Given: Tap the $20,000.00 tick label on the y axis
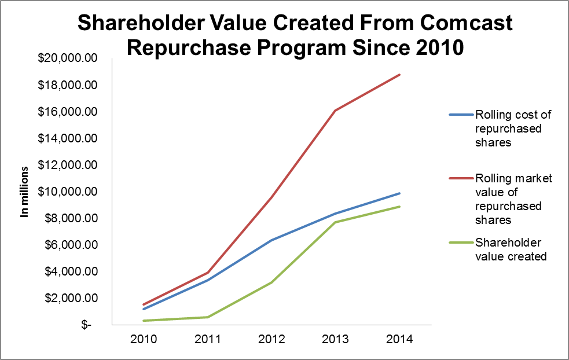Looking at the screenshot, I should (67, 58).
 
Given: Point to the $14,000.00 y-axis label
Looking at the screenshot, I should (67, 138).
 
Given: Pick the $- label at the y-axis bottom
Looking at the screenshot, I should (86, 325).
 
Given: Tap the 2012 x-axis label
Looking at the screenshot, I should (272, 340).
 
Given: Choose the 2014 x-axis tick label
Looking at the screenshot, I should (400, 340).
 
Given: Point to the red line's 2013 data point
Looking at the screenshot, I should (336, 111).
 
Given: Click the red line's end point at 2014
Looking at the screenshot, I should (399, 75).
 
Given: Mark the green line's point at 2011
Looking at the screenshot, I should (208, 317).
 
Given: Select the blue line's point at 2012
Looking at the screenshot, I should (272, 240).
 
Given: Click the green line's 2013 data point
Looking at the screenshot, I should (336, 222).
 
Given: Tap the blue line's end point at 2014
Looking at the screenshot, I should (399, 193).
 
